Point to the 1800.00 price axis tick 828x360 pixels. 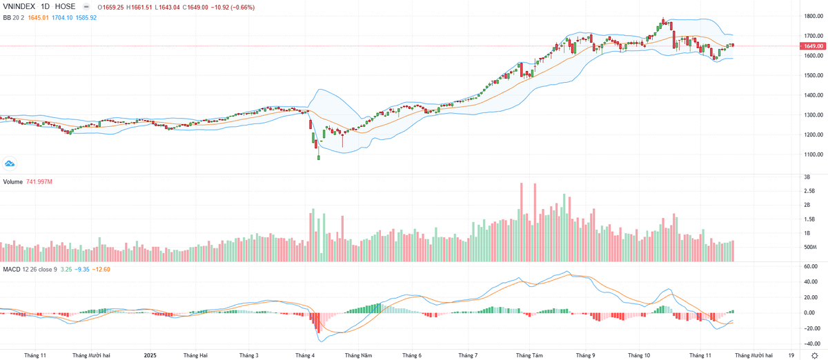809,16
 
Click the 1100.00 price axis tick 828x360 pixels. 809,154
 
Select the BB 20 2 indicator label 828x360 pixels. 14,17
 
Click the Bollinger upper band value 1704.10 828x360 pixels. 62,17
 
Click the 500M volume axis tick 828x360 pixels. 809,247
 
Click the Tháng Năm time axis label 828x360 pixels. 359,355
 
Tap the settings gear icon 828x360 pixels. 814,355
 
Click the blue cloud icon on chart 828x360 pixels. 10,163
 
